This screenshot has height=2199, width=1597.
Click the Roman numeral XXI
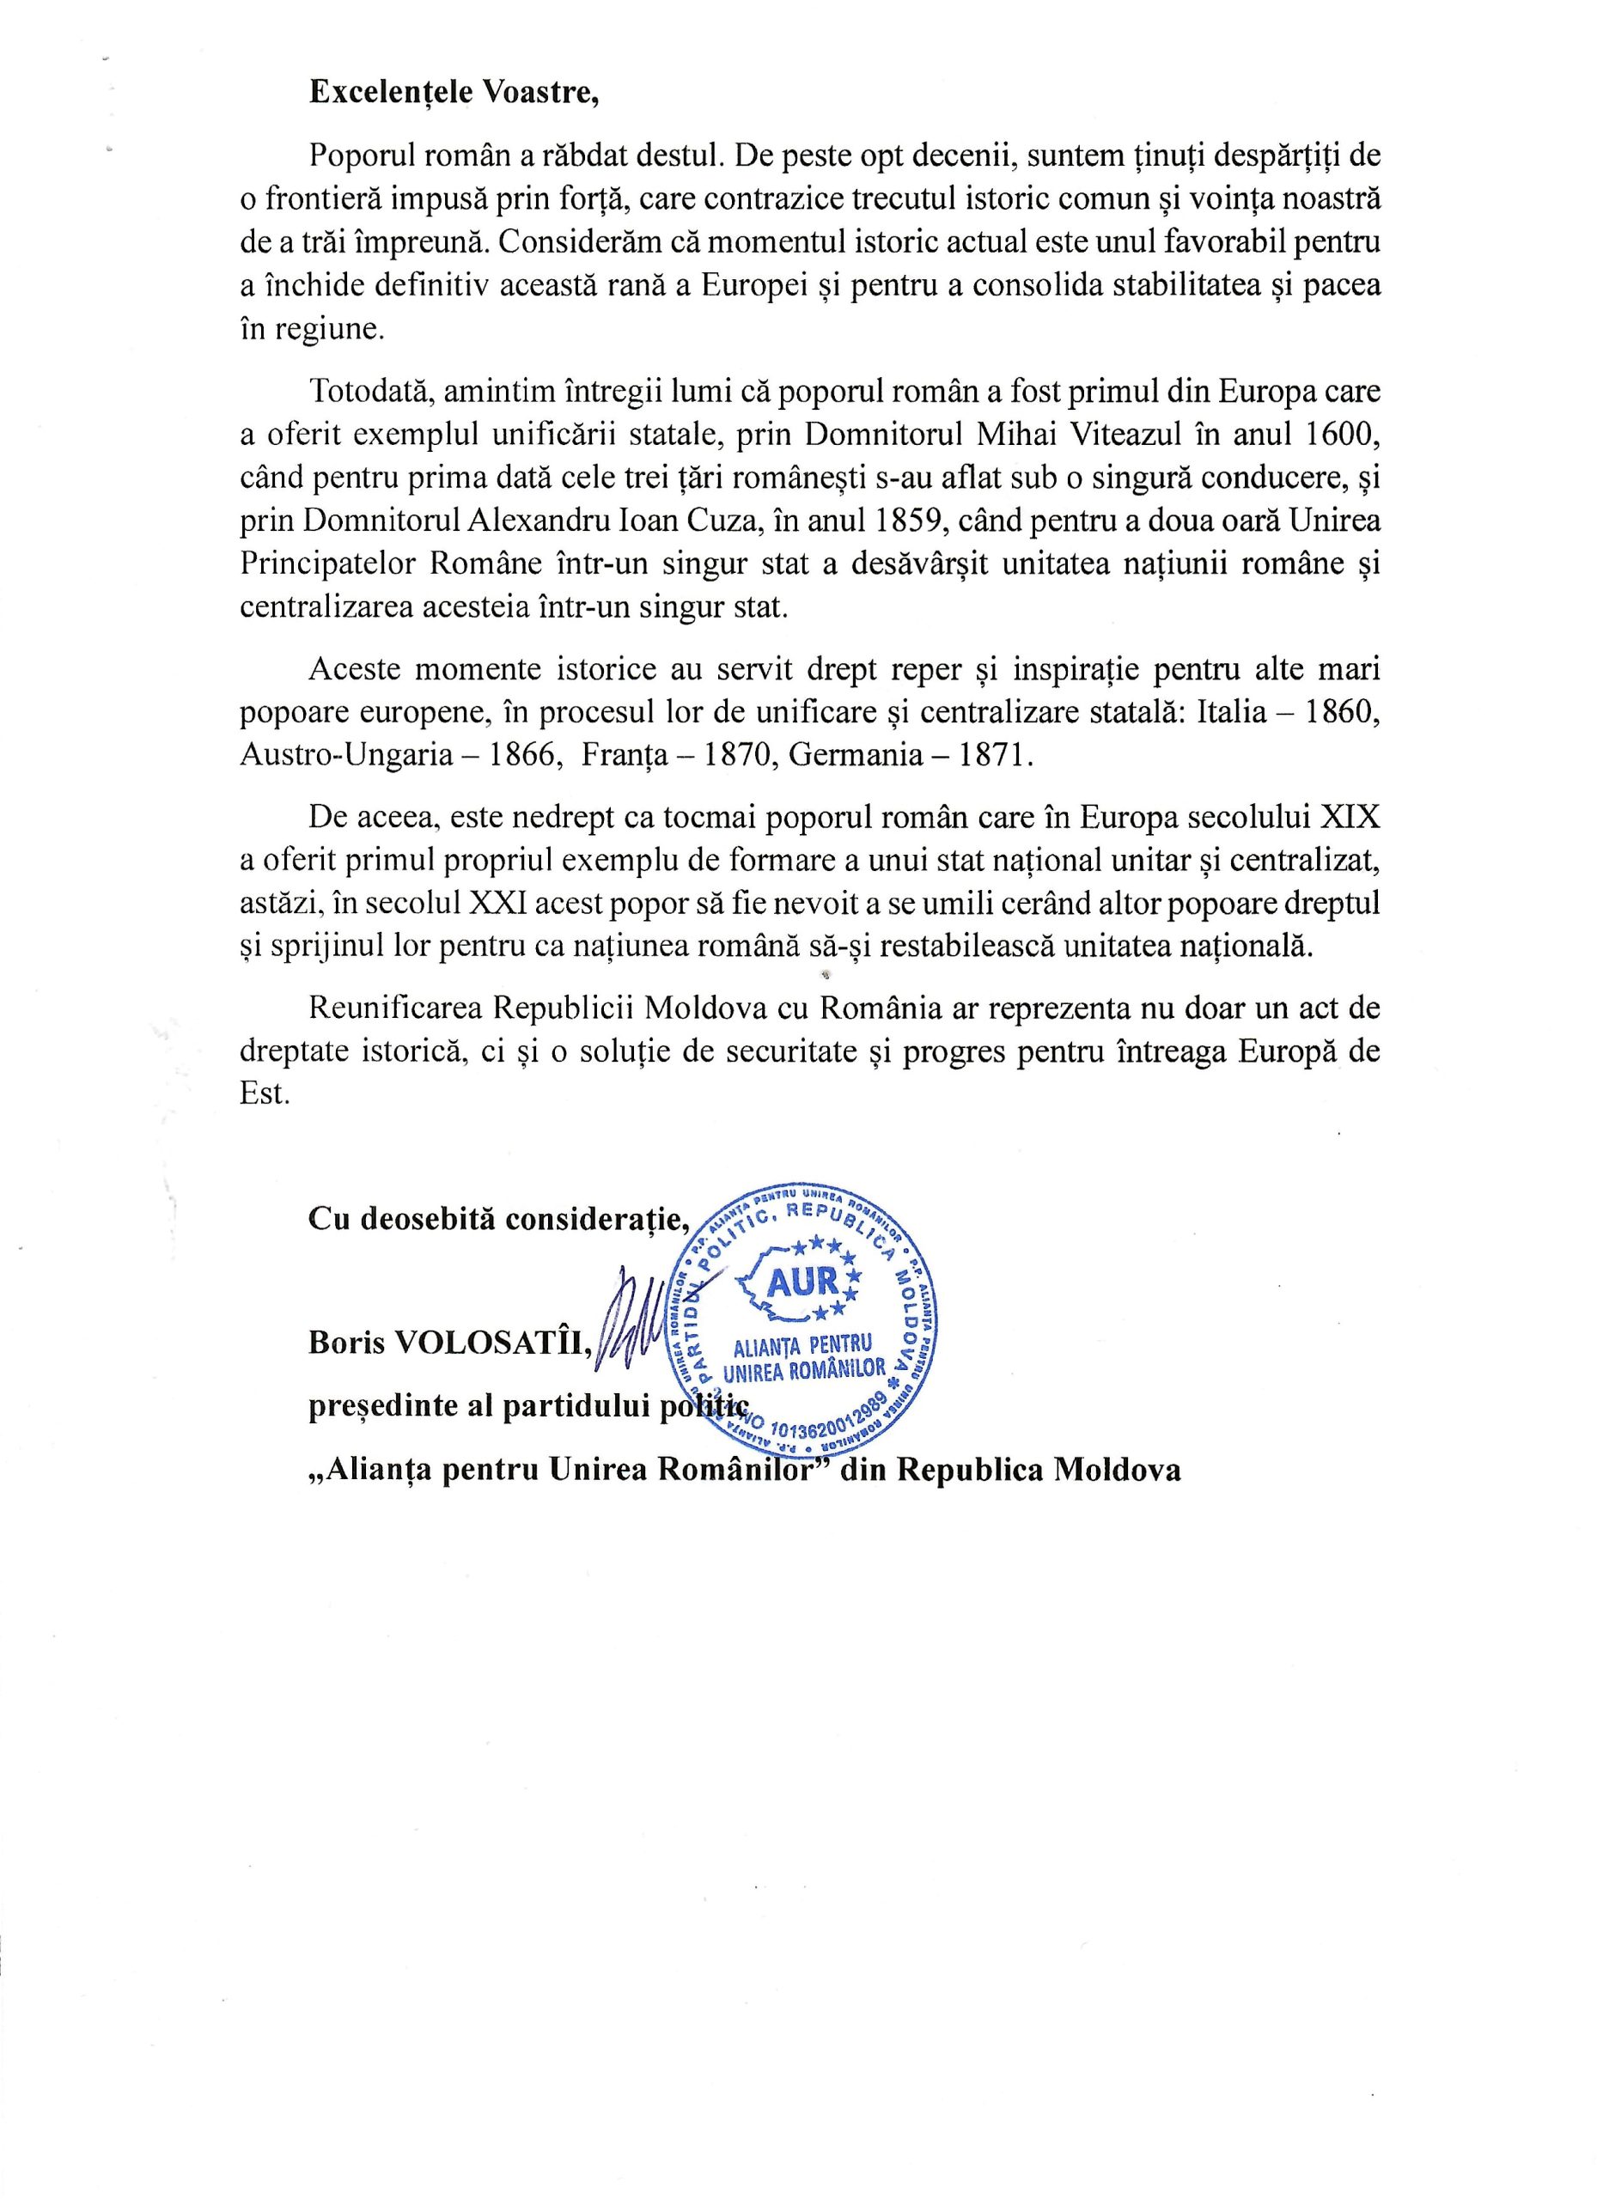(x=497, y=903)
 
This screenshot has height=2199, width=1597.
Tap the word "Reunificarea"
(x=397, y=1008)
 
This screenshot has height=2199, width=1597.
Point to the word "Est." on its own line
(x=265, y=1094)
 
